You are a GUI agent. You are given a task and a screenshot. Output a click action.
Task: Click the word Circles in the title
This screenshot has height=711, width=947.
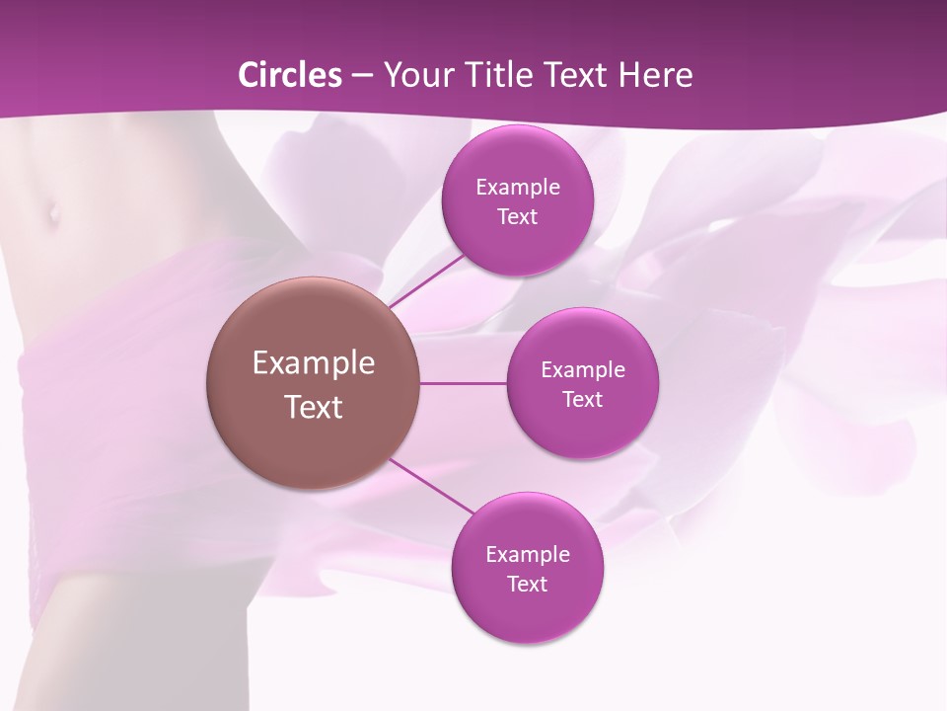click(290, 75)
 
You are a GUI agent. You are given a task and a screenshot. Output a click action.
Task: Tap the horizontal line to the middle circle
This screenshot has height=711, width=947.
click(464, 383)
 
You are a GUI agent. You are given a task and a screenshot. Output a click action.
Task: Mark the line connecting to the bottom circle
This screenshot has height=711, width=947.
click(431, 487)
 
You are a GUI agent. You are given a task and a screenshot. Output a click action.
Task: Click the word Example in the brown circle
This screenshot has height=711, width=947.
click(314, 363)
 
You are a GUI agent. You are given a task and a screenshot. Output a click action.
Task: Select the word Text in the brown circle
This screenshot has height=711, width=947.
click(314, 407)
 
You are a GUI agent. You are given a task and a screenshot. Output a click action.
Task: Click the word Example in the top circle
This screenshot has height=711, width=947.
click(518, 188)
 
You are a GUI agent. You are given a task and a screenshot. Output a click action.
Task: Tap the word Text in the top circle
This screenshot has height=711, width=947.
click(518, 217)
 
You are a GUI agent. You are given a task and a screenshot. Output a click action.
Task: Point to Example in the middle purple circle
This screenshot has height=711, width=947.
click(583, 370)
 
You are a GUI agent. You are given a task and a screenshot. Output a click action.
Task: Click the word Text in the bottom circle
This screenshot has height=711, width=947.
click(527, 585)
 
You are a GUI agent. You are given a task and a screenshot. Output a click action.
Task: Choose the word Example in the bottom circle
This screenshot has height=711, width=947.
click(528, 555)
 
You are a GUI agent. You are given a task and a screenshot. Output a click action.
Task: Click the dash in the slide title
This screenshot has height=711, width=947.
click(362, 76)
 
